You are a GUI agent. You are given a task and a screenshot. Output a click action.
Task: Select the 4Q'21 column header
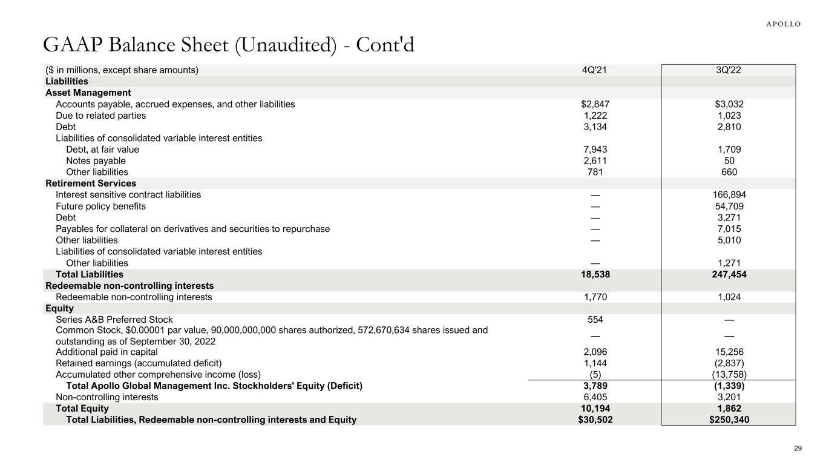pos(594,70)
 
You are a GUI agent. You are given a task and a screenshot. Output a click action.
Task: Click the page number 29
pos(798,449)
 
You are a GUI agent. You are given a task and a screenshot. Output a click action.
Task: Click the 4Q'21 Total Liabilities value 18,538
pos(594,274)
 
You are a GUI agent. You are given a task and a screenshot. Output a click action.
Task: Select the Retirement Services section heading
pos(91,183)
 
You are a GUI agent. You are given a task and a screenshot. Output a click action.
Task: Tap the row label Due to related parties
pos(100,116)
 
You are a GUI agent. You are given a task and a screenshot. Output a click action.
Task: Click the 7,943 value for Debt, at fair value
pos(594,150)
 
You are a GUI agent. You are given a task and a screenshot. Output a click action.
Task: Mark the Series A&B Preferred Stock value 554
pos(594,320)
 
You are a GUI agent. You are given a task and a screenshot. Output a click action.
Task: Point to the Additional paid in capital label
pos(107,352)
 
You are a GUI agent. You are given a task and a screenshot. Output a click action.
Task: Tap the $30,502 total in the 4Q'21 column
pos(594,420)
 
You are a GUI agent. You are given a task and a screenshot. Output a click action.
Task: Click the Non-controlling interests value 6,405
pos(594,397)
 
